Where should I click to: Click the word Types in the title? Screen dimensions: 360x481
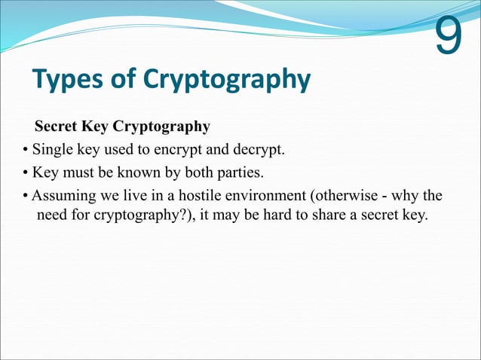point(67,79)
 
